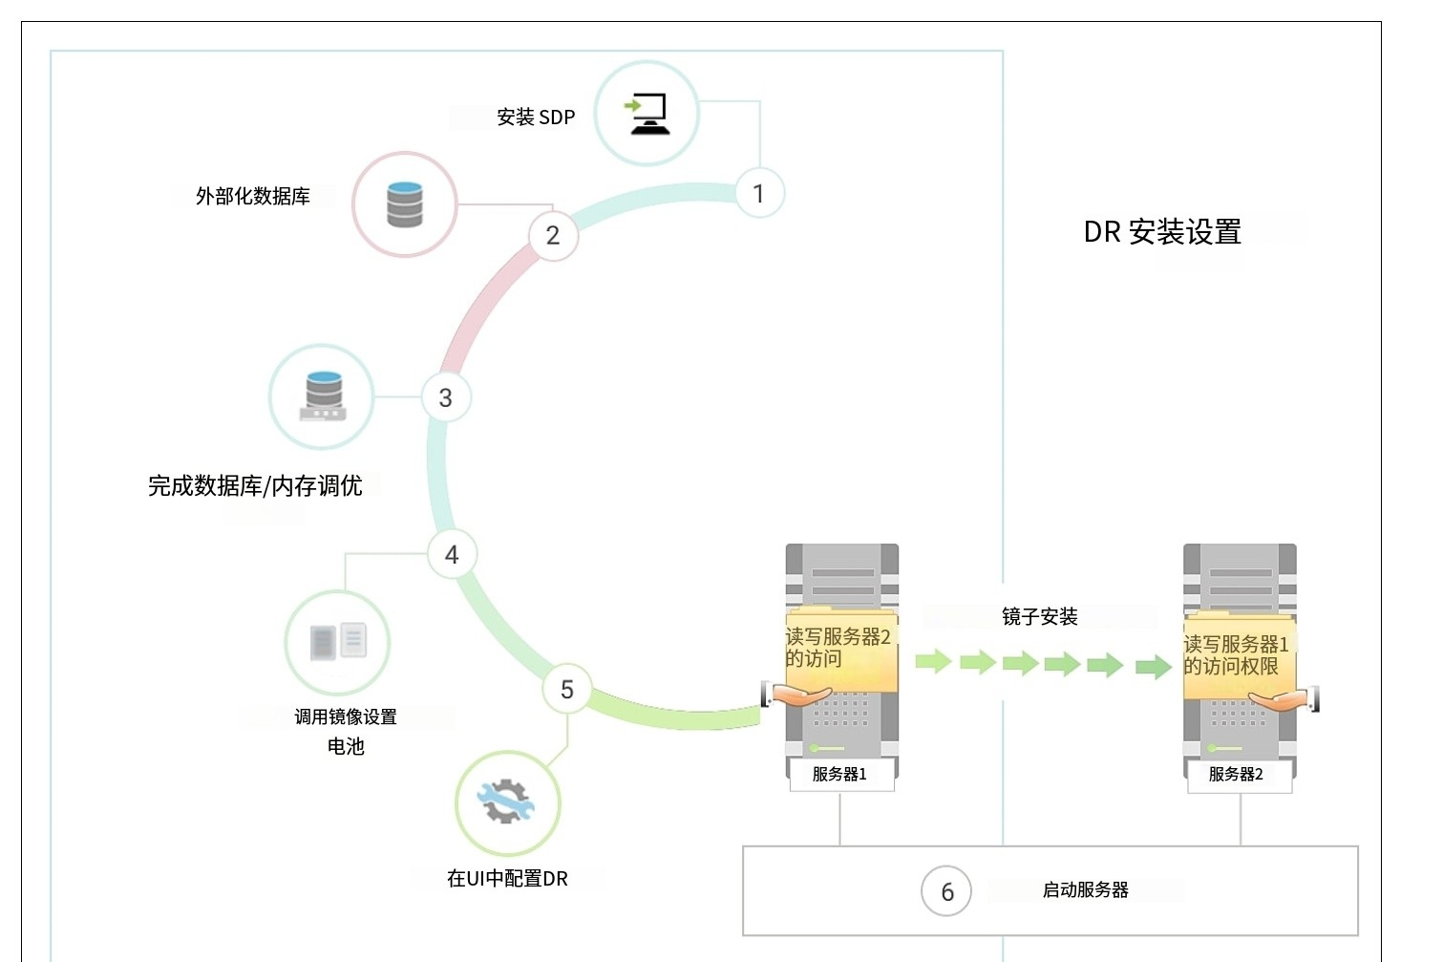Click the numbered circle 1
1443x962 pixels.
[x=759, y=194]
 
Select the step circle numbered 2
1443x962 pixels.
[x=553, y=235]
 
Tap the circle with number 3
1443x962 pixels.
[x=446, y=397]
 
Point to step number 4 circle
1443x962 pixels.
[x=452, y=554]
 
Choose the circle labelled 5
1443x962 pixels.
[x=567, y=689]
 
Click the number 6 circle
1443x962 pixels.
[x=946, y=891]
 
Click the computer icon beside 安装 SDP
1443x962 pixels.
[x=647, y=115]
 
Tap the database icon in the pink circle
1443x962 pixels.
[x=405, y=204]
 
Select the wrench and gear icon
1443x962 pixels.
[x=507, y=802]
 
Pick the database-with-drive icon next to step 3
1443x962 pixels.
[x=323, y=396]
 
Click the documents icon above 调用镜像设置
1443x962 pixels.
[x=338, y=642]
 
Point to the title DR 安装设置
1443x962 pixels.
[x=1162, y=232]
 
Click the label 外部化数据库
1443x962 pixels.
[x=253, y=197]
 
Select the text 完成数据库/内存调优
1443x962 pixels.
[x=255, y=486]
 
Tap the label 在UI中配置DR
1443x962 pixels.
[x=507, y=879]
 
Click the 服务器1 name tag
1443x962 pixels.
[x=840, y=774]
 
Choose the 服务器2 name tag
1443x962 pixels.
[x=1237, y=774]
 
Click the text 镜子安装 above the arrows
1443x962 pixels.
[x=1039, y=617]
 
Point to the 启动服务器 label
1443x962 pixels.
[x=1085, y=890]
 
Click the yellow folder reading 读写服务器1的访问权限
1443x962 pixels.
[x=1238, y=656]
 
